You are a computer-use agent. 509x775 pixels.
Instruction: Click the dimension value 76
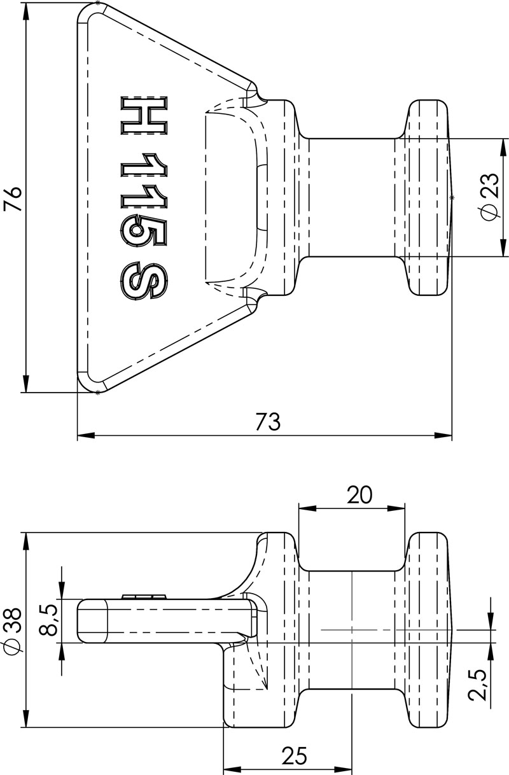coord(12,198)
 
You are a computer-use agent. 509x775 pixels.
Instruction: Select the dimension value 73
coord(268,422)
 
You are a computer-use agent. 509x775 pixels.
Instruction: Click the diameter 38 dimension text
coord(12,630)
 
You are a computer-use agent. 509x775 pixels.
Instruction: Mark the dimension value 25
coord(294,755)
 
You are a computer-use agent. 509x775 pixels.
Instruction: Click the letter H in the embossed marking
coord(144,116)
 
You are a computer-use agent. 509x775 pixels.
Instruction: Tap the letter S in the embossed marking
coord(144,280)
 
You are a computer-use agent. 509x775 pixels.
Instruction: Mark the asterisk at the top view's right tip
coord(452,198)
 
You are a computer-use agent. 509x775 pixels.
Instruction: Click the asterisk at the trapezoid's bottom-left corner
coord(97,393)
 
